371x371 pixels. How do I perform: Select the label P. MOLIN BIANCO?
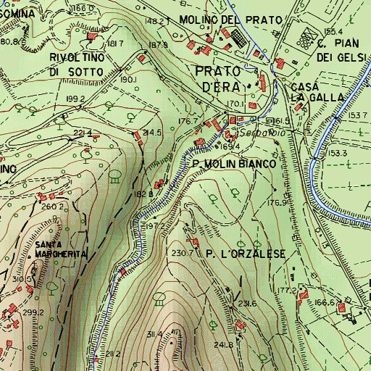pos(235,164)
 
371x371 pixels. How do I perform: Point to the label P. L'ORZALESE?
pos(246,254)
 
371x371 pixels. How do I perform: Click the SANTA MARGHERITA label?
pos(60,249)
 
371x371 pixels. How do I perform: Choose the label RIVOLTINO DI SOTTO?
pos(82,64)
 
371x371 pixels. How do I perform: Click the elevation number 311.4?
pos(154,334)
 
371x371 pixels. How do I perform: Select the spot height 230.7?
pos(182,253)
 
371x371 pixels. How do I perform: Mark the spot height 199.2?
pos(75,99)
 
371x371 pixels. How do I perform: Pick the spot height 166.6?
pos(323,303)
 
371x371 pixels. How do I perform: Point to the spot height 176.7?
pos(188,121)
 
